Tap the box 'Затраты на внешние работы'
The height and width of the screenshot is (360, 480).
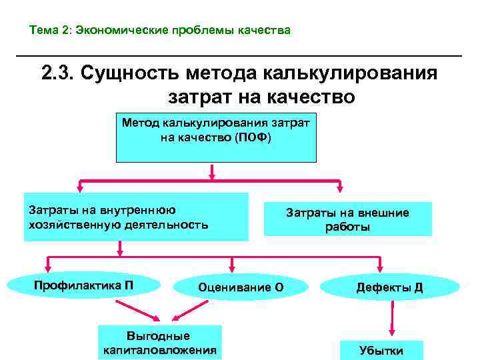click(x=347, y=219)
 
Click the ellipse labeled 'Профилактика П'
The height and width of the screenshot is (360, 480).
click(x=83, y=285)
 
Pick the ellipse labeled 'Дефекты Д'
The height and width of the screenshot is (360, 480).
click(x=389, y=287)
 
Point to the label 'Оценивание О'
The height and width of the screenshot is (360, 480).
click(x=241, y=287)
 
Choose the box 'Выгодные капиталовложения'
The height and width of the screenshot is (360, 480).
click(x=158, y=343)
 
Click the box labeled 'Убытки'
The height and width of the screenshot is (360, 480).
click(x=381, y=350)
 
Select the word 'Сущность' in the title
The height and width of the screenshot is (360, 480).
click(x=131, y=73)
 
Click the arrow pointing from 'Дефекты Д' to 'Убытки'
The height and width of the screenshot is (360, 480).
click(x=393, y=319)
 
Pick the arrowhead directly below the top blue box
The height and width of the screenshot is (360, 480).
click(x=212, y=175)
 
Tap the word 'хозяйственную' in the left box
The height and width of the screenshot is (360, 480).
click(x=73, y=224)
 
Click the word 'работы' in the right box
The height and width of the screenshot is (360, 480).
click(x=347, y=227)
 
